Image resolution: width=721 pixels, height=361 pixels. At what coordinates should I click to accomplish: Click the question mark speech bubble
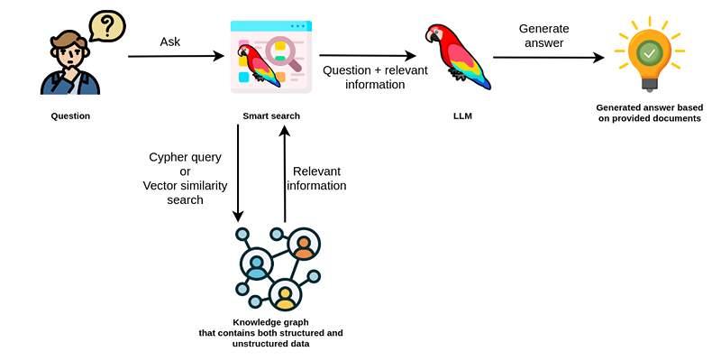click(107, 26)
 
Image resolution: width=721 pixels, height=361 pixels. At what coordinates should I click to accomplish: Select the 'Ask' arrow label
click(170, 42)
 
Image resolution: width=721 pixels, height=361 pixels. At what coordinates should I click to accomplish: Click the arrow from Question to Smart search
click(176, 57)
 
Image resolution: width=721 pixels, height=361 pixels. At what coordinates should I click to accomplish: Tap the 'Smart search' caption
click(271, 116)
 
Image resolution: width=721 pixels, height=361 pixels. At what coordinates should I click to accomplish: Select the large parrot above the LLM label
click(458, 56)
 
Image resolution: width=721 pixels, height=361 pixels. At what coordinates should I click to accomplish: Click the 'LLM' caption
click(462, 116)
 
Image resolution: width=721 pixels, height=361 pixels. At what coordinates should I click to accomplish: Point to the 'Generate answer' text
click(544, 36)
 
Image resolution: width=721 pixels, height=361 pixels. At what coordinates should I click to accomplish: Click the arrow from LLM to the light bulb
click(549, 58)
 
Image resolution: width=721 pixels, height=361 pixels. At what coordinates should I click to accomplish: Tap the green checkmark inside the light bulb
click(649, 54)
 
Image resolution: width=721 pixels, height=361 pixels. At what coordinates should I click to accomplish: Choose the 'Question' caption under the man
click(70, 116)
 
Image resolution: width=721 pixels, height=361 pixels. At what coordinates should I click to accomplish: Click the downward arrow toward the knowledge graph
click(238, 172)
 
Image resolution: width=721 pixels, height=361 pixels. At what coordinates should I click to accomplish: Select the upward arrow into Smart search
click(285, 173)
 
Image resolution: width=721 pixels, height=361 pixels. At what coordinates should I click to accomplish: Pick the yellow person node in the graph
click(285, 295)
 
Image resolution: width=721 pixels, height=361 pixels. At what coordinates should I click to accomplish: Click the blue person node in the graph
click(257, 264)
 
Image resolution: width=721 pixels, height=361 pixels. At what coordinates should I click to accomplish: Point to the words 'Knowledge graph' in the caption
click(271, 322)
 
